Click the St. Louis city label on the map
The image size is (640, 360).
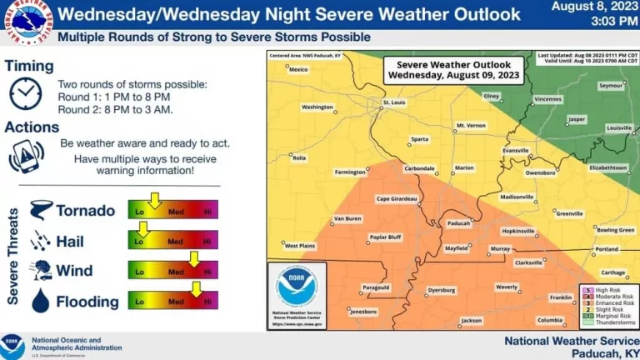click(397, 103)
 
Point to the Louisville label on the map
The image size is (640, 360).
click(619, 128)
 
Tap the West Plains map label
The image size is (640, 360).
click(300, 246)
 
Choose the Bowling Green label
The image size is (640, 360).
click(615, 229)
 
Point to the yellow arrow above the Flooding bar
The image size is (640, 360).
click(197, 290)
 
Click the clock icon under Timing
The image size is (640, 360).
click(25, 93)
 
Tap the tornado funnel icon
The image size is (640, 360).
click(41, 210)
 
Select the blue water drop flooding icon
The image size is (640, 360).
click(40, 302)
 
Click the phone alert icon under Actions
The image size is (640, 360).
click(26, 156)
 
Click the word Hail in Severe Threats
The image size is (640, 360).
click(70, 242)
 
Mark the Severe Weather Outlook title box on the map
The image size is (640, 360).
click(454, 69)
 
